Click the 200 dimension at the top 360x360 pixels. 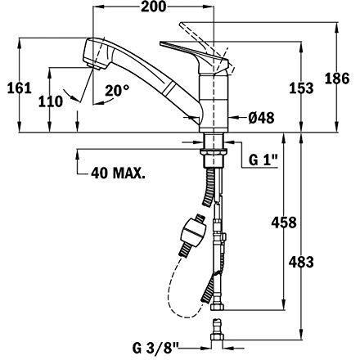(x=153, y=7)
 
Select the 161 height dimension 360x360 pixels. (x=20, y=88)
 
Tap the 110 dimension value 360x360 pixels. (x=51, y=101)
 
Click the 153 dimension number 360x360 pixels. (x=301, y=88)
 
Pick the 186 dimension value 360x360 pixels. (x=337, y=79)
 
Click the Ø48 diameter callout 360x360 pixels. (x=261, y=118)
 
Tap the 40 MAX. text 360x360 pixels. (x=118, y=173)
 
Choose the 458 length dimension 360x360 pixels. (x=284, y=223)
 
